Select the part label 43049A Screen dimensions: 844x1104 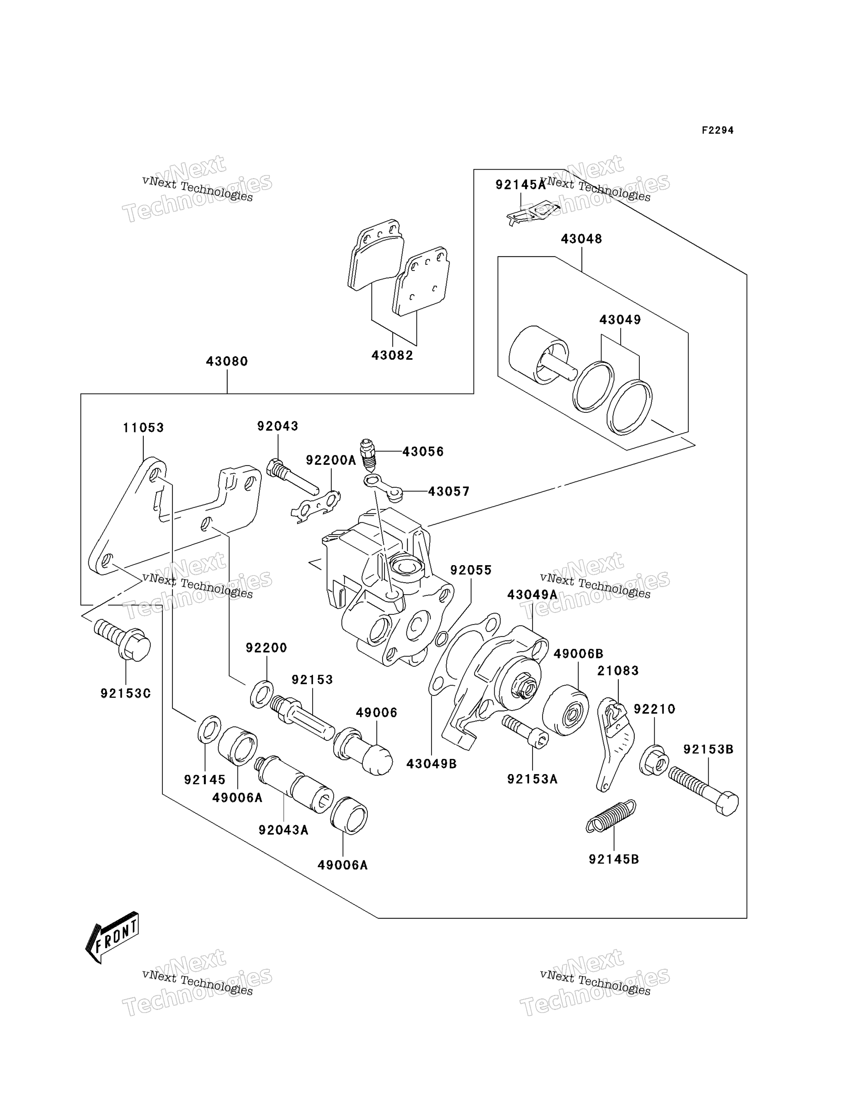[532, 595]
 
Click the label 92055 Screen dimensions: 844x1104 [471, 570]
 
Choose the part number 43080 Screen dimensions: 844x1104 [227, 361]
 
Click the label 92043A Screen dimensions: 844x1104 [283, 830]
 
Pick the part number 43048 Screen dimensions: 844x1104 [581, 239]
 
